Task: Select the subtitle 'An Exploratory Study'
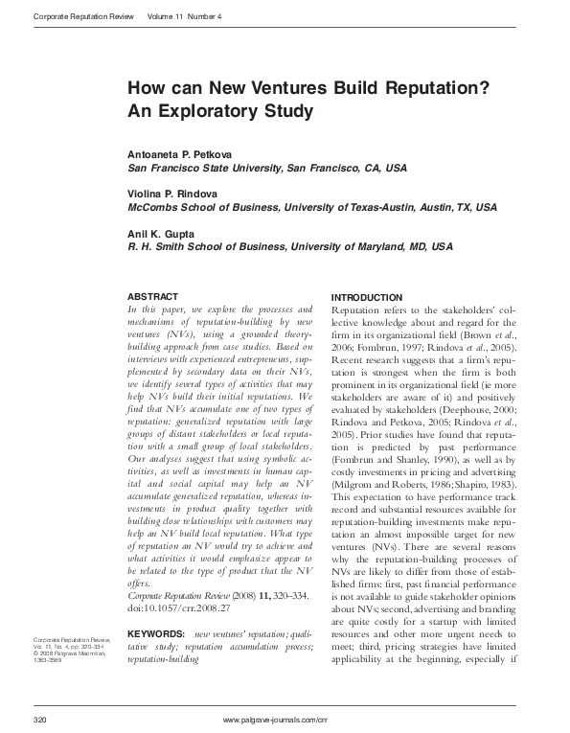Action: tap(220, 111)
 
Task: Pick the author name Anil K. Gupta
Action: tap(163, 233)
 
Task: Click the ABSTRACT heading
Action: tap(152, 297)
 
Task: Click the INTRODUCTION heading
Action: tap(366, 297)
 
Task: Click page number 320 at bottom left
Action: tap(40, 719)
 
